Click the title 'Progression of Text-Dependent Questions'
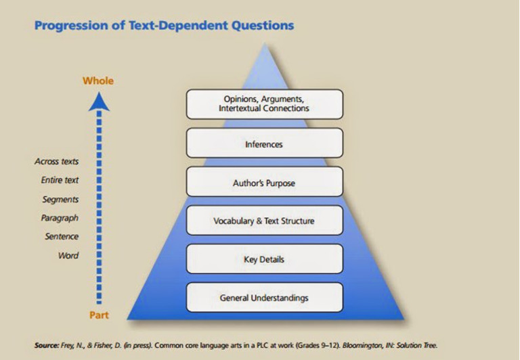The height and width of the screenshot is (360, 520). [164, 26]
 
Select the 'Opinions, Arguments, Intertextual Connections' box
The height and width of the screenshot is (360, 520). [264, 104]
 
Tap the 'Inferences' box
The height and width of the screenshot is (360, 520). [264, 143]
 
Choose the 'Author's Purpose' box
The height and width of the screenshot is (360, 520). [264, 182]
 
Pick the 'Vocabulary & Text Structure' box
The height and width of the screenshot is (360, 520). [264, 221]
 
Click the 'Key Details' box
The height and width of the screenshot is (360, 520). [264, 259]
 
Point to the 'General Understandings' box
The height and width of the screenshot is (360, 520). [264, 298]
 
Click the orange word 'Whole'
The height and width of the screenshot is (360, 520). [98, 81]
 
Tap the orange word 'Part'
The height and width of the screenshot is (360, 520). [99, 315]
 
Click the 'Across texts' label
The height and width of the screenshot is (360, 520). [57, 162]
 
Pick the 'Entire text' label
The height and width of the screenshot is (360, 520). [60, 181]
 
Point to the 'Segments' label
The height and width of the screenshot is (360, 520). [61, 200]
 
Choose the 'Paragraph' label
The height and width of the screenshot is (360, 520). [60, 218]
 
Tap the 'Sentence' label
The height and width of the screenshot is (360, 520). [62, 237]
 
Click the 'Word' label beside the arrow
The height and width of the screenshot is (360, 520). [68, 256]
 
